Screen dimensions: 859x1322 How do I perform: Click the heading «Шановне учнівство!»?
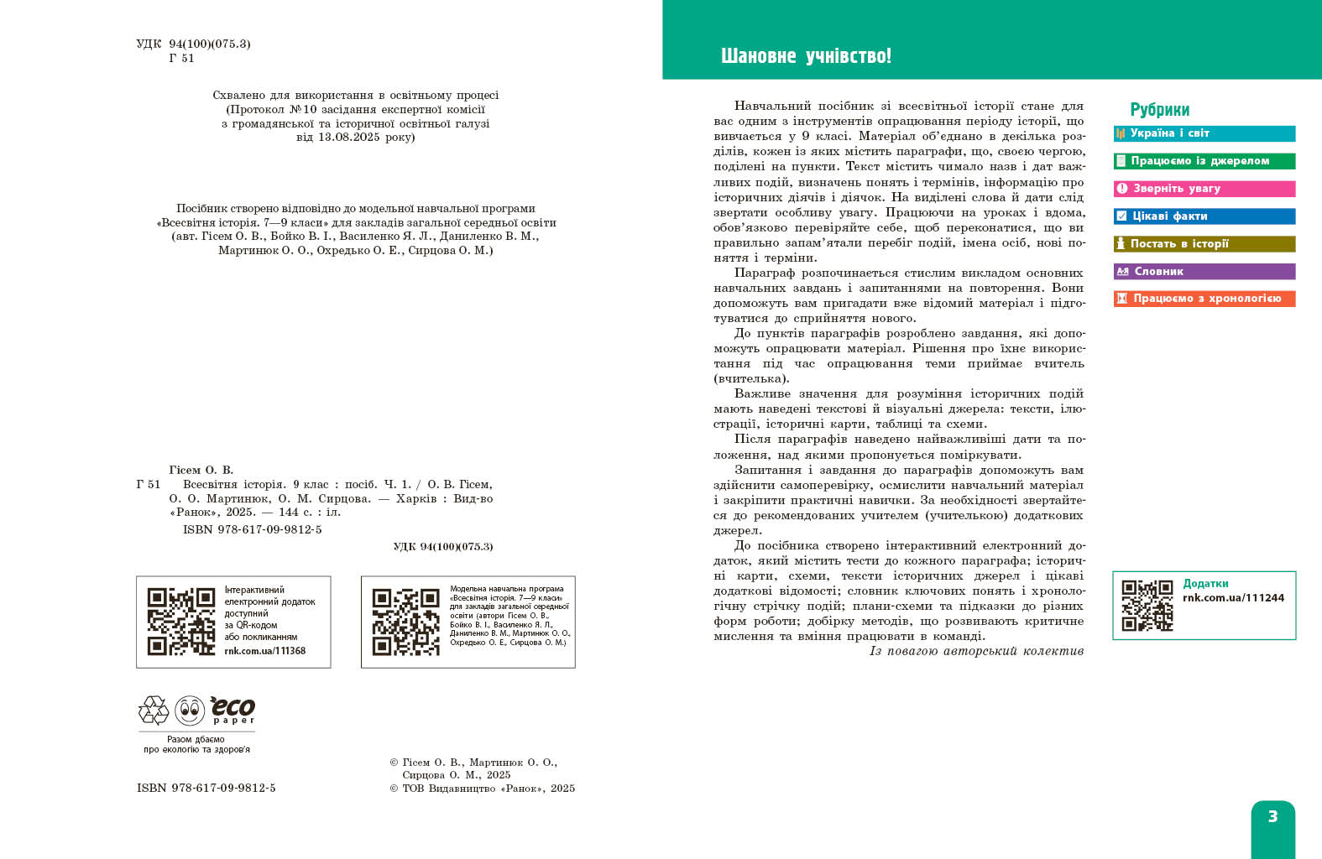click(806, 56)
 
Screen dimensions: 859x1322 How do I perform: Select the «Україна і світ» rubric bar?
click(1204, 133)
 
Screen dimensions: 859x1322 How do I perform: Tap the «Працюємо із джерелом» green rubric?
click(1204, 161)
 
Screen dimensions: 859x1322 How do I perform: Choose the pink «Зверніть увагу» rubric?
click(1204, 189)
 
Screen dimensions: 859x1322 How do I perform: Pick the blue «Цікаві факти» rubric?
click(1204, 216)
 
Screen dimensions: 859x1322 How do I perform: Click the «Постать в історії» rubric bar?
click(1204, 244)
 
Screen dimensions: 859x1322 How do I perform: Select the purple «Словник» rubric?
click(1204, 272)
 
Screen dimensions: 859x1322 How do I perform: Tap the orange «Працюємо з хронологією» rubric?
click(1204, 299)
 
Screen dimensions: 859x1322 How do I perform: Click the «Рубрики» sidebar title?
click(1159, 110)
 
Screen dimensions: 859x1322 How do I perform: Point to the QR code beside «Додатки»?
click(1147, 605)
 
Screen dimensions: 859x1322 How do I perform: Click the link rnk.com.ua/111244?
click(1233, 598)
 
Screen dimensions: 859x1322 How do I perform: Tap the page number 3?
click(1272, 816)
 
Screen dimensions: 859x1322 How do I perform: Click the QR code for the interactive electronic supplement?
click(181, 622)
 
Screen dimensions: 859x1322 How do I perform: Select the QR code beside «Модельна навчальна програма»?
click(406, 622)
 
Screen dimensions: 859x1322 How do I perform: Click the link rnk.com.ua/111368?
click(264, 651)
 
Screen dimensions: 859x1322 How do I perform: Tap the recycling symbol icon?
click(154, 711)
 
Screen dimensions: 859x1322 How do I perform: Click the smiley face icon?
click(190, 711)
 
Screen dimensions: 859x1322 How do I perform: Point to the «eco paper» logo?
click(233, 710)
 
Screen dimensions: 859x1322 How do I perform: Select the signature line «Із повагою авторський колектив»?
click(976, 651)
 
